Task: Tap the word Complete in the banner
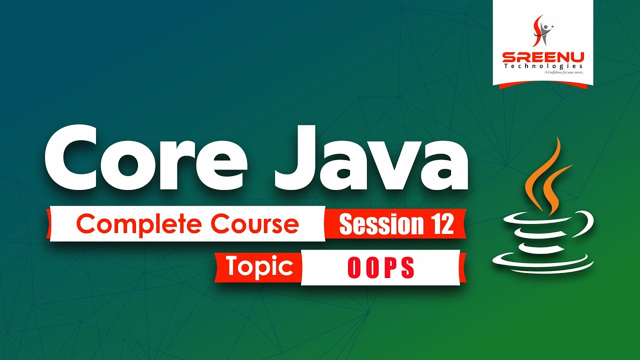[139, 225]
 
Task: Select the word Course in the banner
[254, 224]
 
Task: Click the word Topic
[259, 266]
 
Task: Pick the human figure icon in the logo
[542, 29]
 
